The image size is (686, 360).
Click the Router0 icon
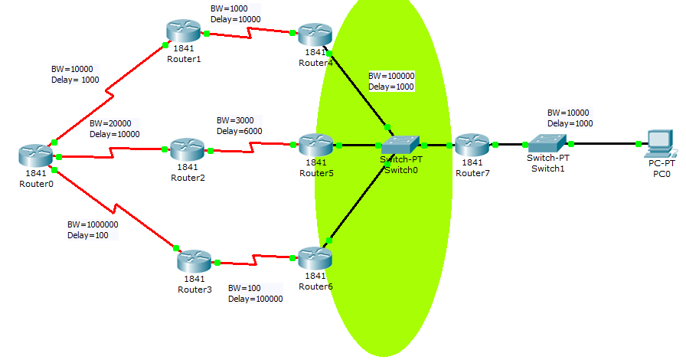[36, 155]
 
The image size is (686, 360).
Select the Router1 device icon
[183, 31]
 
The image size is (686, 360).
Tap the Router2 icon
[188, 149]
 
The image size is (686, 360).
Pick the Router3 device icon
[194, 261]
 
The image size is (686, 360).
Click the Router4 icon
[315, 34]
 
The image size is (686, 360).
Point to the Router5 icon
[316, 145]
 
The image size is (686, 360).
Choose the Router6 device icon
[315, 258]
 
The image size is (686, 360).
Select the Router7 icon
[472, 145]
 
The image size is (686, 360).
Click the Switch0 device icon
[400, 145]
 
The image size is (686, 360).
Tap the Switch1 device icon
[547, 143]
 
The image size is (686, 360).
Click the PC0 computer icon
[660, 143]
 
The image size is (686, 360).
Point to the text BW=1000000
[93, 224]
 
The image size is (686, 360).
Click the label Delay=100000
[256, 299]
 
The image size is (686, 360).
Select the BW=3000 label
[235, 120]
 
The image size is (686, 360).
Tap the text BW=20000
[110, 123]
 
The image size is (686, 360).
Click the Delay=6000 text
[240, 131]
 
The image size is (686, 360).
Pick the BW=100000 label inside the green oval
[391, 76]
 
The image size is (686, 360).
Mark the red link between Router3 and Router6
[255, 260]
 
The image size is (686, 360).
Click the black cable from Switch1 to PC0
[605, 144]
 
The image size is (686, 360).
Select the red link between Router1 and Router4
[250, 33]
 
